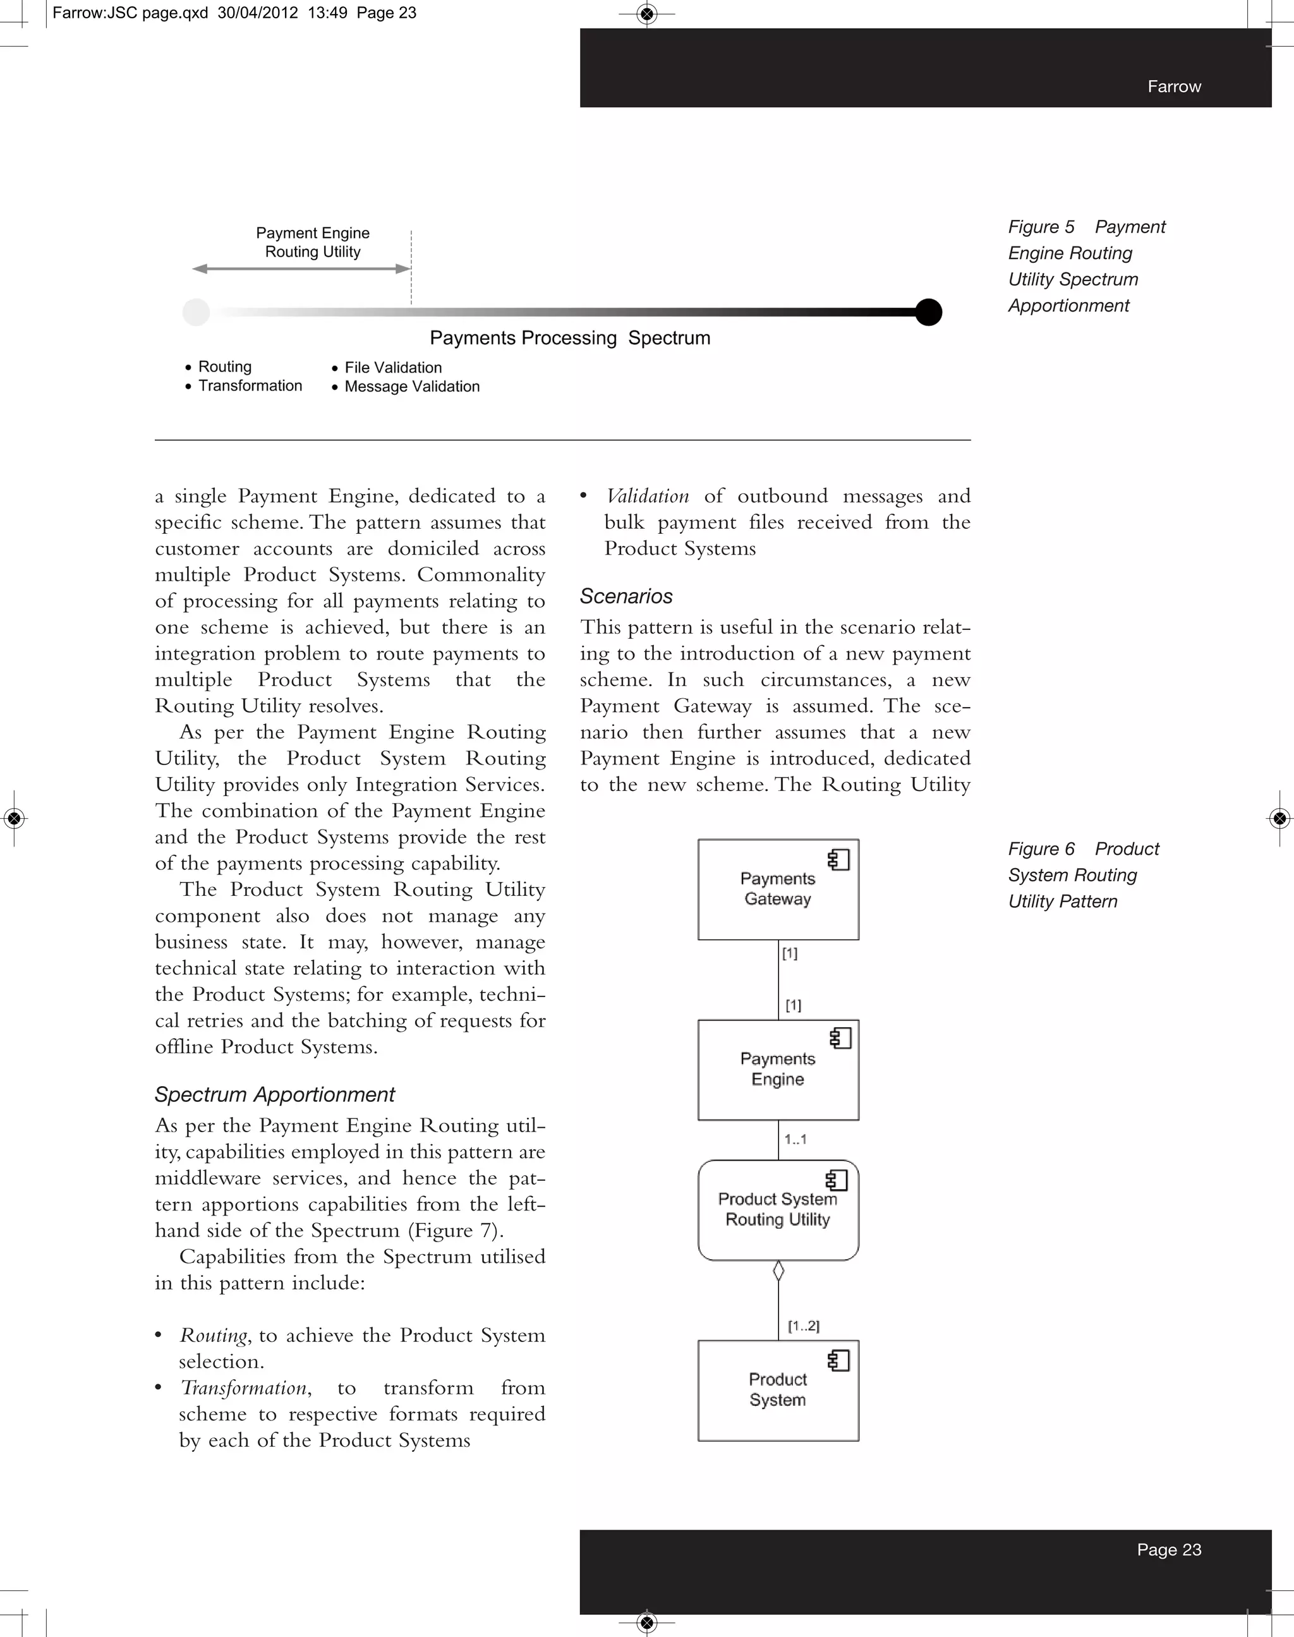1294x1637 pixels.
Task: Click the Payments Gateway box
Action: [777, 890]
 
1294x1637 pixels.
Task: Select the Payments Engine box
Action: [777, 1070]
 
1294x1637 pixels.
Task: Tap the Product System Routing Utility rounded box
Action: [777, 1211]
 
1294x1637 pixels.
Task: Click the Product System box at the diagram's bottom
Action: [777, 1390]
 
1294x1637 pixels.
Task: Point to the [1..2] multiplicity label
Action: [803, 1326]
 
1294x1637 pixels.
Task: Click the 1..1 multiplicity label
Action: [795, 1139]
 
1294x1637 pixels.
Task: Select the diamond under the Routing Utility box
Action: [778, 1271]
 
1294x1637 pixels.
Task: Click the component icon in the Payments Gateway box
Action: [838, 860]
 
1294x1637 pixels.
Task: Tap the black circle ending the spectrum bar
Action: [928, 312]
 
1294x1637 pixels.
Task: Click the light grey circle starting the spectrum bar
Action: [197, 312]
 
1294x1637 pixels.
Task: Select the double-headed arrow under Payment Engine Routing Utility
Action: [301, 269]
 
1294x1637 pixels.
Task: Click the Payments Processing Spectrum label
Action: [570, 338]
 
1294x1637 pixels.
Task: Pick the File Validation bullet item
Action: [392, 368]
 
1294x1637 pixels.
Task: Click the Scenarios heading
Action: [626, 596]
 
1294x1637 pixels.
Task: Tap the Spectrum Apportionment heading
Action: [274, 1095]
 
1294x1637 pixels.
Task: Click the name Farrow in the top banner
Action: [1173, 87]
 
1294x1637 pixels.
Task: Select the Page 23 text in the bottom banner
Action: [1168, 1549]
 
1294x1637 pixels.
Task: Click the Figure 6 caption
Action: [1082, 875]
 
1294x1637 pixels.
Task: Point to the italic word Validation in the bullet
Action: [648, 496]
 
